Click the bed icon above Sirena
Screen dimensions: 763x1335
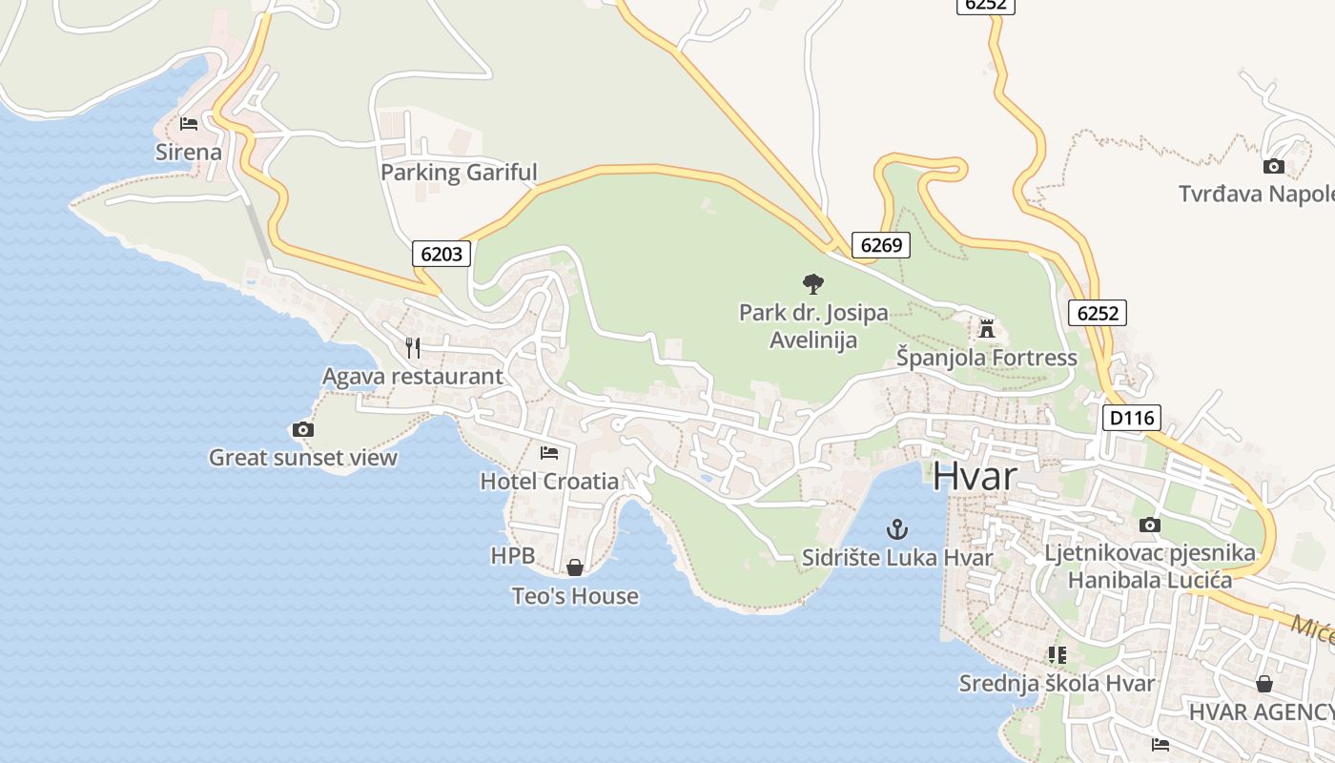click(188, 124)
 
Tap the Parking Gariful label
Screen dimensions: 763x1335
click(459, 173)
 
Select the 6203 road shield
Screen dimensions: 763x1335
click(442, 253)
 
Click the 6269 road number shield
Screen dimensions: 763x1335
click(880, 245)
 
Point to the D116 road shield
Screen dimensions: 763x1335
click(1132, 417)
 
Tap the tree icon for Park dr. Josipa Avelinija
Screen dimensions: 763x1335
click(812, 283)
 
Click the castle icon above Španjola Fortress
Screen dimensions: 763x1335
click(987, 329)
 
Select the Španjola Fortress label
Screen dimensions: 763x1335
click(986, 358)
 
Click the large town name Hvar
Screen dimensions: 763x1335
click(975, 476)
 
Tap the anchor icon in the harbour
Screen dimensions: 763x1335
click(896, 529)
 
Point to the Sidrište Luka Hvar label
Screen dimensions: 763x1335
click(897, 558)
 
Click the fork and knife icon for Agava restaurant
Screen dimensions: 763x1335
click(413, 348)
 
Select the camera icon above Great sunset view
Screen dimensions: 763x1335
click(303, 430)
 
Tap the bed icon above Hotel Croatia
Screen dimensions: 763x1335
click(549, 452)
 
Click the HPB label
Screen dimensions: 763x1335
click(512, 555)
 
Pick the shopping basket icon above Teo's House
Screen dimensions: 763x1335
click(575, 568)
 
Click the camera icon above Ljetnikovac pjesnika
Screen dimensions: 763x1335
click(1150, 525)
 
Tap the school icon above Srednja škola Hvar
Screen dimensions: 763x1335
click(1057, 655)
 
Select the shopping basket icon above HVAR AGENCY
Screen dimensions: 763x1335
click(1263, 684)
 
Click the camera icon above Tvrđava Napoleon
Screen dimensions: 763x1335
click(1273, 167)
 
